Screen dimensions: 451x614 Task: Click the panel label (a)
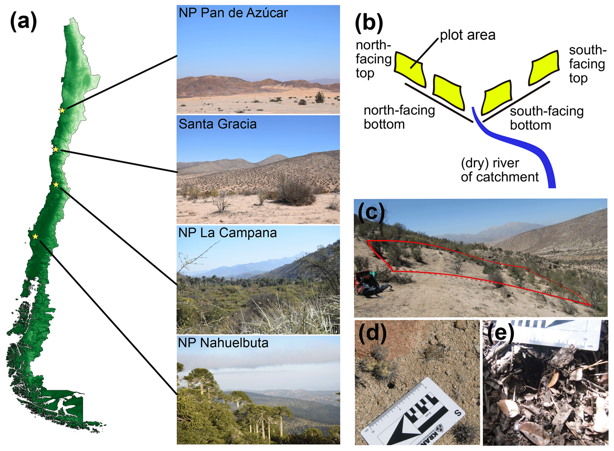[23, 21]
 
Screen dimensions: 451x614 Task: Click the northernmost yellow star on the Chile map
[62, 110]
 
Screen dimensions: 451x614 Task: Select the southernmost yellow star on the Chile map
[35, 236]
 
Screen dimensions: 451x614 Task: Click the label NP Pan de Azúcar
[233, 13]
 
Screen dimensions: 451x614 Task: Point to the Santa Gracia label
[217, 124]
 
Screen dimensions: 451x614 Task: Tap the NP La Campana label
[227, 233]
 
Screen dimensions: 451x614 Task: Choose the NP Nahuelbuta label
[223, 343]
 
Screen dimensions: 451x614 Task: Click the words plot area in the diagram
[468, 35]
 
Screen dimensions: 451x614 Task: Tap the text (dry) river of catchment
[499, 170]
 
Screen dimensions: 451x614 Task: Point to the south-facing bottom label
[547, 118]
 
